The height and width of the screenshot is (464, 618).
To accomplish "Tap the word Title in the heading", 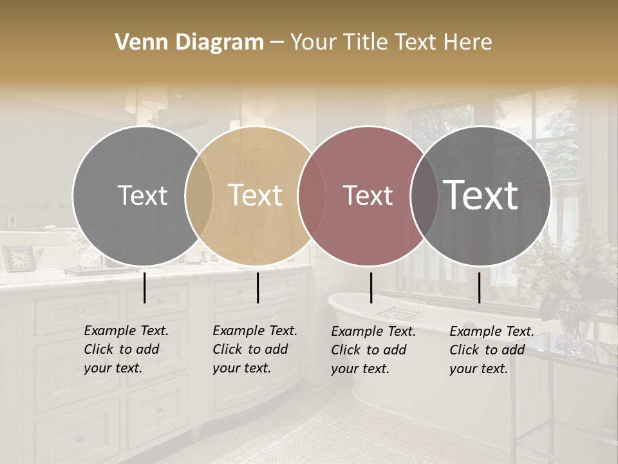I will coord(364,43).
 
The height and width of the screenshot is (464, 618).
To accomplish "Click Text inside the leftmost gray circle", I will coord(142,195).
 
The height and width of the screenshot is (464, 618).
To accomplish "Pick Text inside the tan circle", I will coord(256,195).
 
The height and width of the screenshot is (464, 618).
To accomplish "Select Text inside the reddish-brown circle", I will coord(368,195).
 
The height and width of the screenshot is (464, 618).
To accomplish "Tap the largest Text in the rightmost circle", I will coord(481,195).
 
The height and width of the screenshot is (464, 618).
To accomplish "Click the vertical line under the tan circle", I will coord(257,287).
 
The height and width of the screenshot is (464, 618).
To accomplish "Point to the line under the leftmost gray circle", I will coord(144,287).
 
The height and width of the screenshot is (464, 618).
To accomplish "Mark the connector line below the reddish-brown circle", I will coord(371,287).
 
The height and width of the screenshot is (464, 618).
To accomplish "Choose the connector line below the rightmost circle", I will coord(479,287).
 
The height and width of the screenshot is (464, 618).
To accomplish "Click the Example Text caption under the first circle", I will coord(126,349).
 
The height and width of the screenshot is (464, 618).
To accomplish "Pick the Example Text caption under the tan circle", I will coord(255,349).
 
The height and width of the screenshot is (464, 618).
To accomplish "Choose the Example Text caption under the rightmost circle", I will coord(492,349).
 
